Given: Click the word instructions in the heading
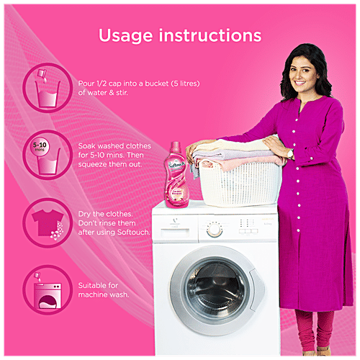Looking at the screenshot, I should coord(215,35).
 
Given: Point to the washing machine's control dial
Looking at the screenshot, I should coord(214,229).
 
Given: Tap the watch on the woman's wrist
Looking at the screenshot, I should coord(290,153).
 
